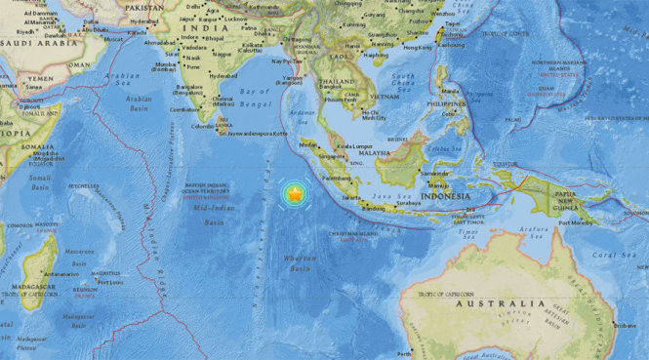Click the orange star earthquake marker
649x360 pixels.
pos(294,194)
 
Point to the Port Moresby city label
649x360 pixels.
pos(576,222)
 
